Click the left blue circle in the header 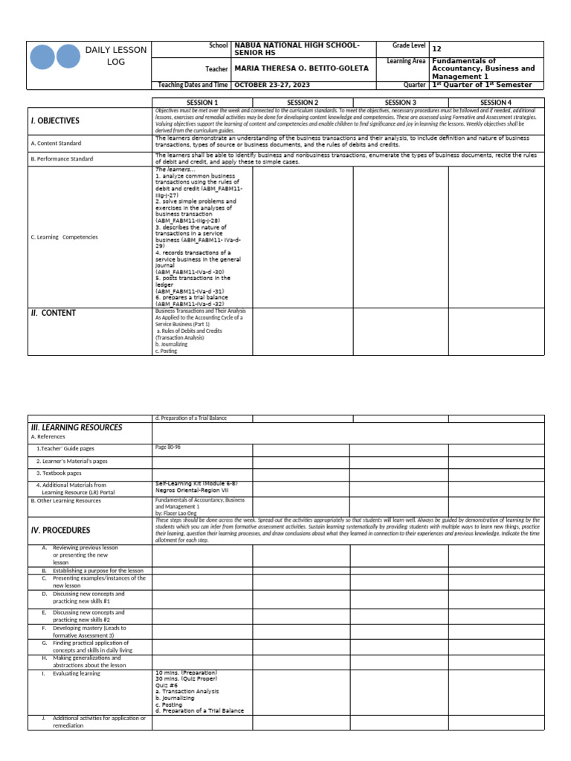43,56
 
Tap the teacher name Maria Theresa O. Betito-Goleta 301,68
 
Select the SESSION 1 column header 201,103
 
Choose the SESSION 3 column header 400,103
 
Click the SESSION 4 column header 496,103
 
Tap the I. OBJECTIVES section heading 55,120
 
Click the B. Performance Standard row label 62,159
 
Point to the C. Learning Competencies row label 65,237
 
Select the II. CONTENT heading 54,313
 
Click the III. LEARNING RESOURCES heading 77,427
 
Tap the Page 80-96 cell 168,447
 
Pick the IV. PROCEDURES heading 60,531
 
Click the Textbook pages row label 59,473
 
